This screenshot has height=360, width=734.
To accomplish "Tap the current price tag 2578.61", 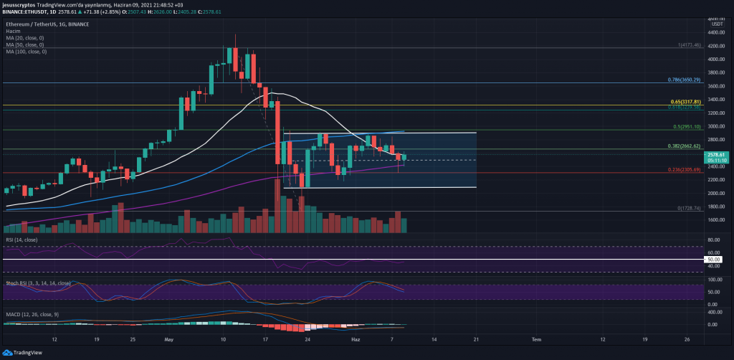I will pyautogui.click(x=716, y=154).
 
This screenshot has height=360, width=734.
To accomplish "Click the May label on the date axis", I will pyautogui.click(x=169, y=338).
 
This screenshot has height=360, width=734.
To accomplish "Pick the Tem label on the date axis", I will pyautogui.click(x=535, y=338).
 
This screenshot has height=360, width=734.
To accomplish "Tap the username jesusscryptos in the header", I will pyautogui.click(x=22, y=4).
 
